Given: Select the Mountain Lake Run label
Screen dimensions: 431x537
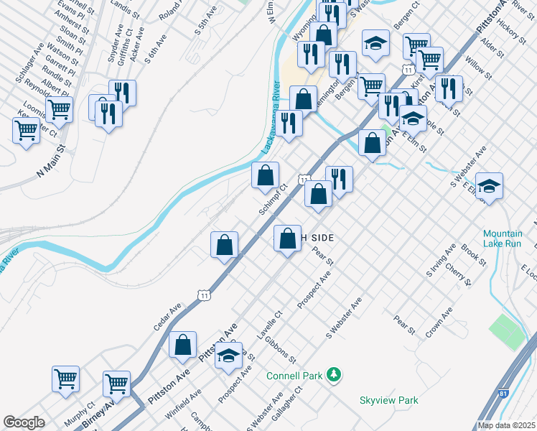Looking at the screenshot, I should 502,238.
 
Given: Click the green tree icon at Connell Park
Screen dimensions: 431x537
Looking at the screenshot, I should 333,374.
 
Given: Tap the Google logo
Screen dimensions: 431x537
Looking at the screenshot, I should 24,422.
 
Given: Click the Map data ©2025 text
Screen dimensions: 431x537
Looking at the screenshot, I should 506,425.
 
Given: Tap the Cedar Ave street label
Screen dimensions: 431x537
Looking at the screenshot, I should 167,317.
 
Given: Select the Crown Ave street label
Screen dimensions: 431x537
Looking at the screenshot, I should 439,322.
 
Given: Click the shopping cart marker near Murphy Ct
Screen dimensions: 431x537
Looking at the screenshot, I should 65,379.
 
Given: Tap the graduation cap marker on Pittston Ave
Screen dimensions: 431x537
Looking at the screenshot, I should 228,356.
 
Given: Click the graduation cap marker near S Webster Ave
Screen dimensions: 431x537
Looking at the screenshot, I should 489,186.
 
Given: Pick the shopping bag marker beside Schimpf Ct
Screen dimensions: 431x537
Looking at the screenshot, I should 265,175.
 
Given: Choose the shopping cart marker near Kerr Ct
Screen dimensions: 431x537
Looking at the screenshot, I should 26,131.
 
